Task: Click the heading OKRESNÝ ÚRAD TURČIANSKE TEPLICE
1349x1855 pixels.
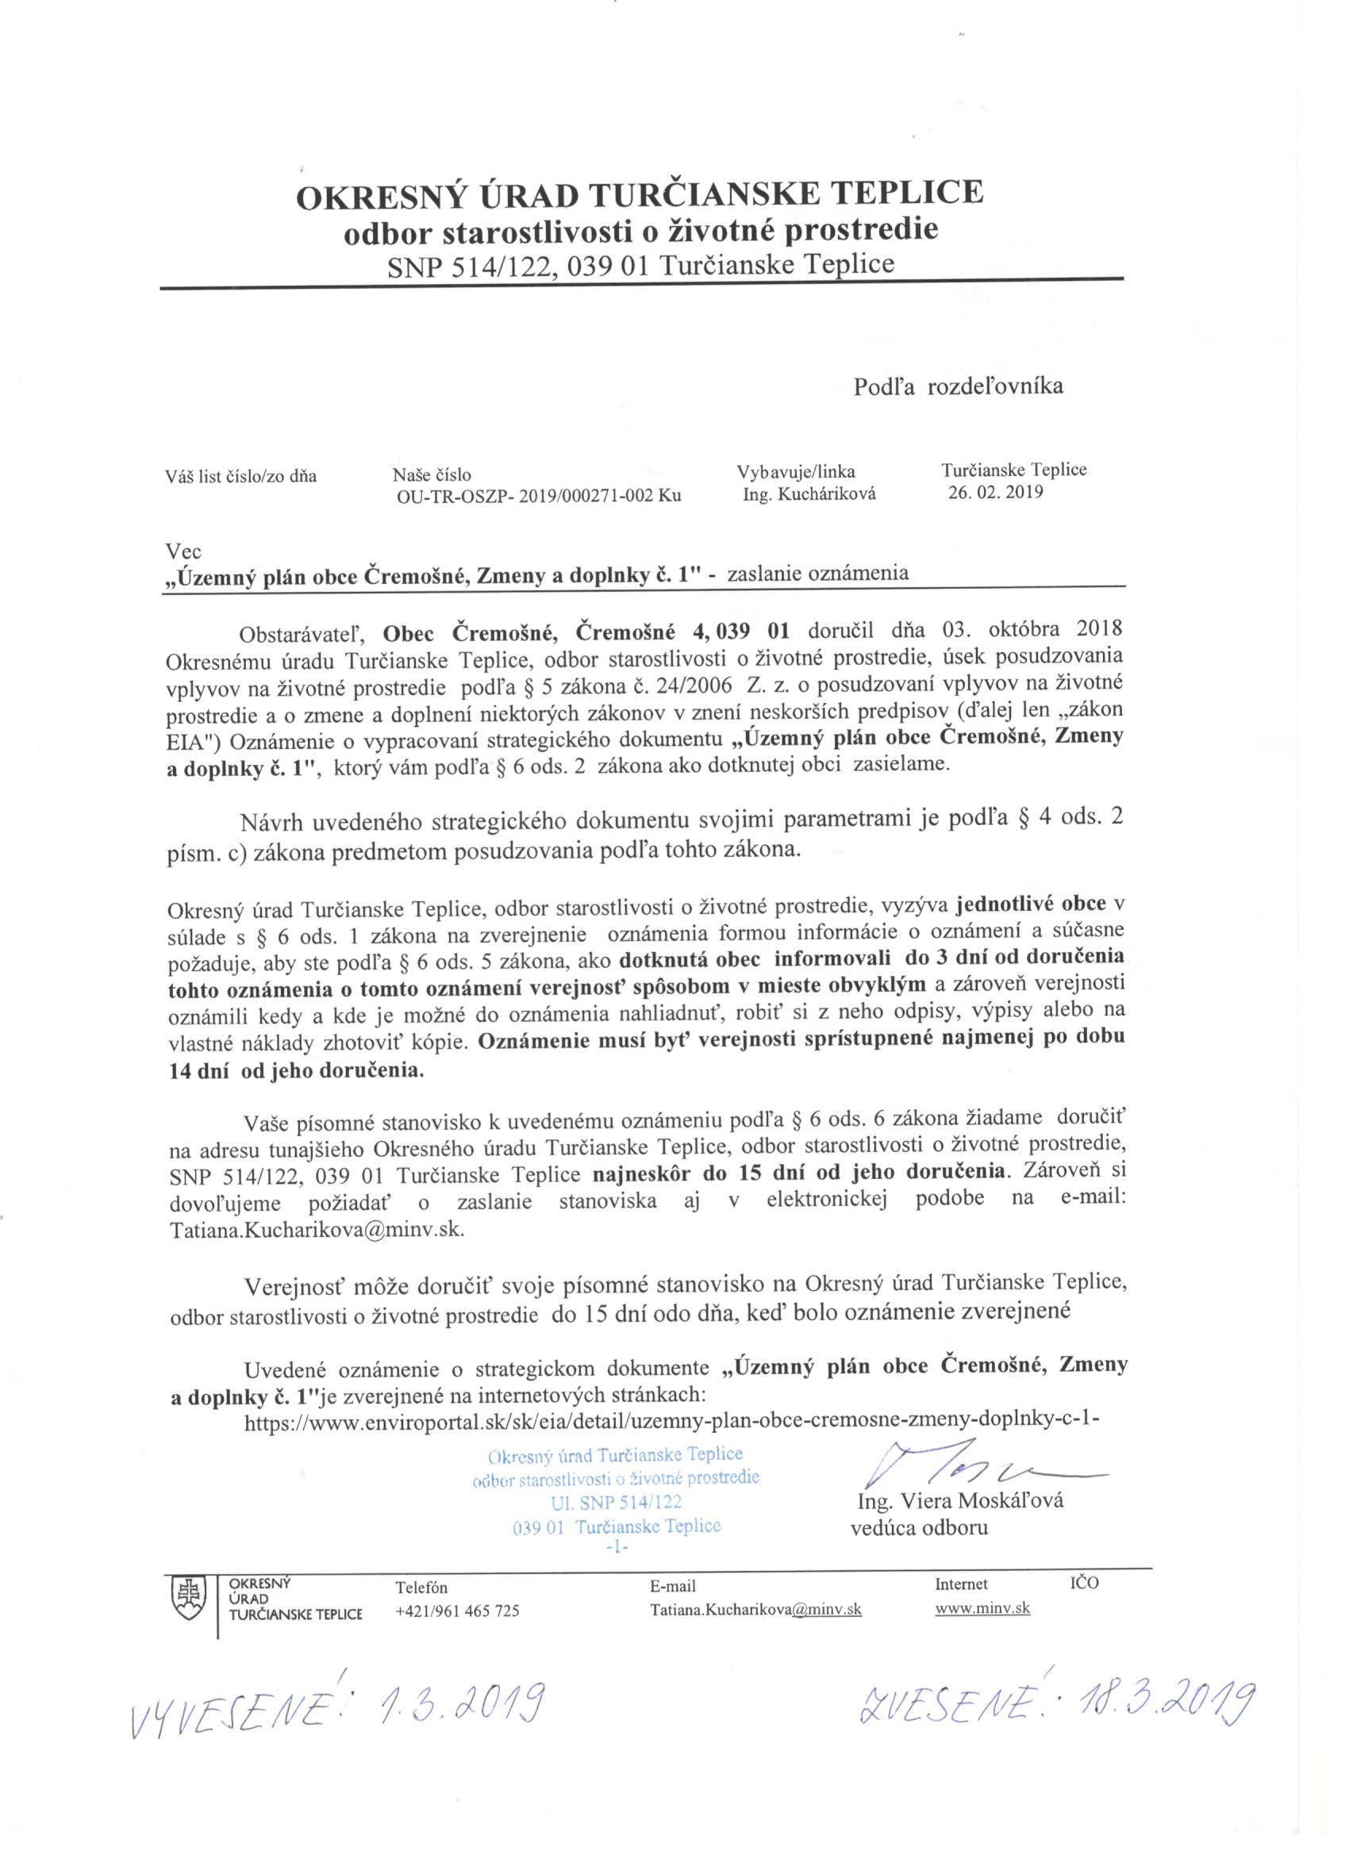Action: pyautogui.click(x=639, y=194)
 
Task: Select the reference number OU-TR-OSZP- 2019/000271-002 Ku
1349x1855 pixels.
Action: pyautogui.click(x=537, y=494)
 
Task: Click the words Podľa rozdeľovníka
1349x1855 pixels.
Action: pyautogui.click(x=958, y=387)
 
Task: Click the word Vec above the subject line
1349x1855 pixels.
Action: pyautogui.click(x=183, y=552)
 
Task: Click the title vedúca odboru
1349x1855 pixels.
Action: pyautogui.click(x=920, y=1527)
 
